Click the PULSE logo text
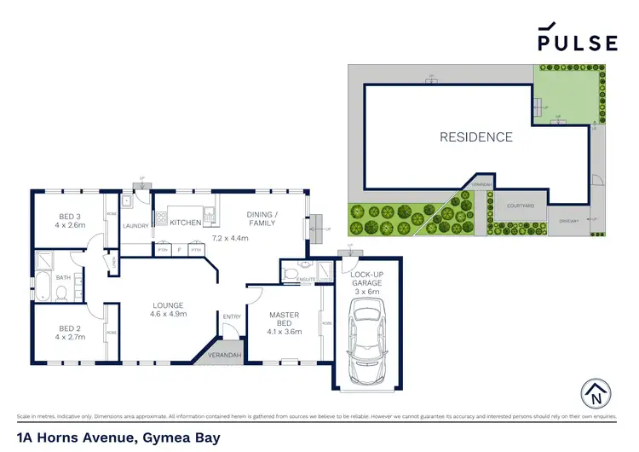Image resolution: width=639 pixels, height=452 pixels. [577, 42]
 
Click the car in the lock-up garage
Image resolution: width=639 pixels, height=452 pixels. [366, 338]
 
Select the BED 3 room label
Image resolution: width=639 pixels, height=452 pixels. [69, 217]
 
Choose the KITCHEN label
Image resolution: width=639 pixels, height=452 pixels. [185, 223]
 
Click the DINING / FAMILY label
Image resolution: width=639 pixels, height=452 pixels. [262, 219]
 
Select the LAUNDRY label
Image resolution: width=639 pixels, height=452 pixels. [135, 226]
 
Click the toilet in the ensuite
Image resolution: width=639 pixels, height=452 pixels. [291, 275]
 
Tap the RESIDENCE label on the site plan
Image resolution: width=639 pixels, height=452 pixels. [476, 136]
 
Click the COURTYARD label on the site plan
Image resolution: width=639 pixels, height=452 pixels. [520, 206]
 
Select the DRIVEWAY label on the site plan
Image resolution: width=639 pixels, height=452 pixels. [568, 221]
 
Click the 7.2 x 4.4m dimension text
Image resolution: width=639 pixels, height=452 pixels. [230, 238]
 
